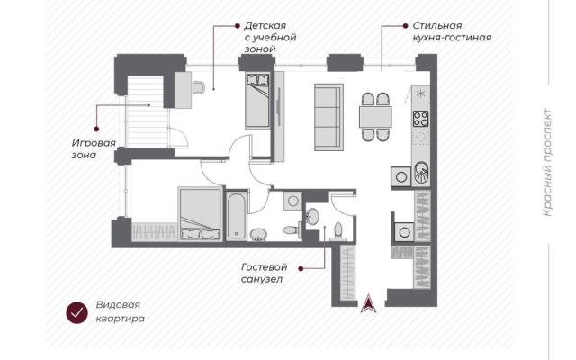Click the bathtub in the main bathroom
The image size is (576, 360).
coord(236,216)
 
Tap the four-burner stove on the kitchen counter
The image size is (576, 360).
coord(420,119)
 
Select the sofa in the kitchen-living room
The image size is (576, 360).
coord(328,117)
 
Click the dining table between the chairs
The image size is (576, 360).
coord(375,117)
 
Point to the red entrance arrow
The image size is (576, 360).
coord(368,303)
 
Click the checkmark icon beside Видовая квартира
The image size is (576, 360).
coord(76,313)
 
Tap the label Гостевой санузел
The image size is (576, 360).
coord(264,273)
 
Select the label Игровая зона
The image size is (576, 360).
coord(94,148)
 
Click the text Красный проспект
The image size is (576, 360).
coord(547,162)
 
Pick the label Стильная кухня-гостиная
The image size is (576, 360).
coord(452,31)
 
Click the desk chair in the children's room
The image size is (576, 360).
coord(198,87)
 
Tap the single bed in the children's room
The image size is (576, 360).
coord(257,100)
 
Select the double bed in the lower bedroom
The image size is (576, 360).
coord(200,214)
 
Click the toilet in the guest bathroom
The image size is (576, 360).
coord(338,231)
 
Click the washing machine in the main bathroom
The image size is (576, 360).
coord(292,201)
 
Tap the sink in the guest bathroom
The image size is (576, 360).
coord(312,217)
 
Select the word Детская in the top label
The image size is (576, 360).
coord(265,26)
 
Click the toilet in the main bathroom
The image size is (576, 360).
coord(292,230)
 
